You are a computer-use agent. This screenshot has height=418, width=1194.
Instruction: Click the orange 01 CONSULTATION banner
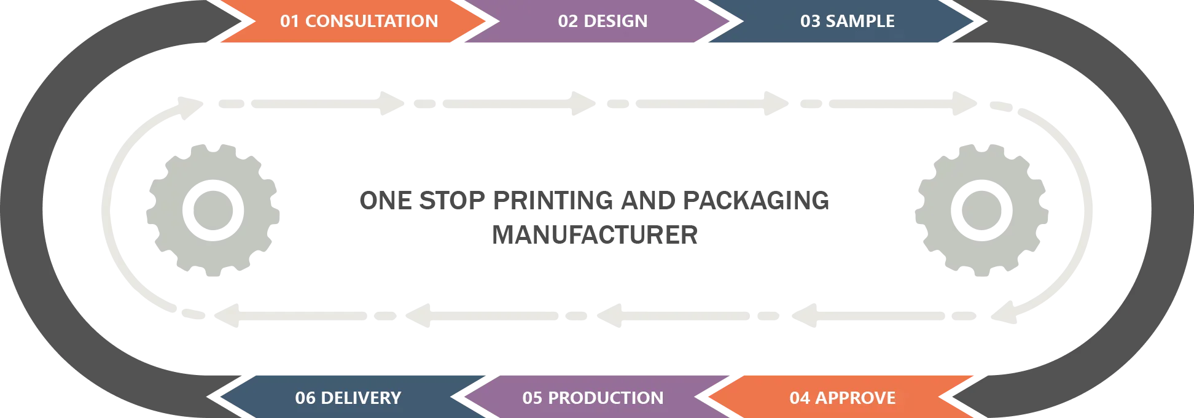(x=359, y=21)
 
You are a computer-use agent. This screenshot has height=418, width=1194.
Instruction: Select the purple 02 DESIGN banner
(x=602, y=21)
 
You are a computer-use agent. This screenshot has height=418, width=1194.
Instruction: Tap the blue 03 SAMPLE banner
(x=847, y=21)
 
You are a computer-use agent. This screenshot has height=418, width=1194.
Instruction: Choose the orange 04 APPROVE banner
(x=842, y=398)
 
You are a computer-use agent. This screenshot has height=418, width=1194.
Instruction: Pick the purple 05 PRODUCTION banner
(x=593, y=398)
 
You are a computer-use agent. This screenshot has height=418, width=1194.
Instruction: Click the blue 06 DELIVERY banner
(x=348, y=398)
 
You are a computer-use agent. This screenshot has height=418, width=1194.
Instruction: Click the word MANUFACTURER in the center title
(x=595, y=235)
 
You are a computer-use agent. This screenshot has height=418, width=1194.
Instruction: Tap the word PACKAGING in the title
(x=756, y=201)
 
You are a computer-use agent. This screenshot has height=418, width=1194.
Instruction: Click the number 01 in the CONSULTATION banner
(x=289, y=21)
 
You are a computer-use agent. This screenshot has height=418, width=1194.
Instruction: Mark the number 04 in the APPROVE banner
(x=799, y=398)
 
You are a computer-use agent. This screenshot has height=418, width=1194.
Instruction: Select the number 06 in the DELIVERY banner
(x=305, y=398)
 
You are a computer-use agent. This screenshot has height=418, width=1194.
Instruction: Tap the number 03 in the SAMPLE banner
(x=810, y=21)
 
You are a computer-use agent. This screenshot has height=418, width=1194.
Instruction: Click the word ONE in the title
(x=386, y=201)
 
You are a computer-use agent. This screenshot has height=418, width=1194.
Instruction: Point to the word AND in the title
(x=649, y=201)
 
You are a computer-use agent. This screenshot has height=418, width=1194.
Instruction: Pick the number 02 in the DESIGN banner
(x=568, y=21)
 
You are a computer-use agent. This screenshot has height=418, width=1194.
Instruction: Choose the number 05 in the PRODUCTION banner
(x=532, y=398)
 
